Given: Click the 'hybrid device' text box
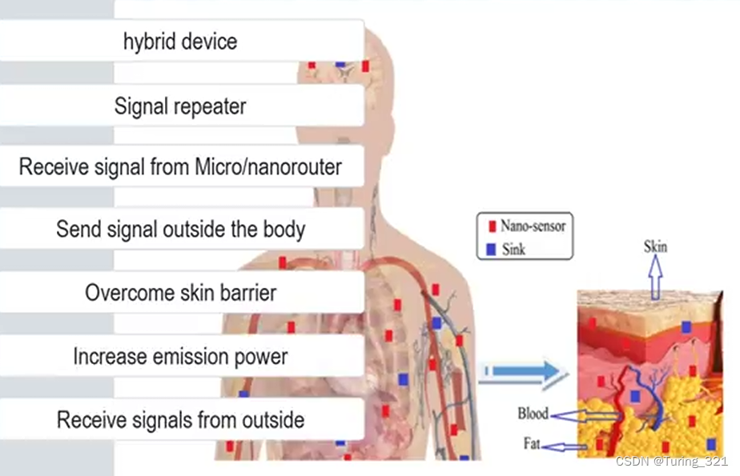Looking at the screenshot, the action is [x=180, y=41].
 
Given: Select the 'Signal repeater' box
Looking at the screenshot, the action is [x=180, y=105].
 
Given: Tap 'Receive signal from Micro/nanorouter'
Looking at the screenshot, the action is [x=180, y=167].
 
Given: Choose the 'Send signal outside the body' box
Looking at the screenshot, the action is [x=180, y=230].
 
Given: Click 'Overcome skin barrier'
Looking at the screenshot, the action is [x=180, y=292].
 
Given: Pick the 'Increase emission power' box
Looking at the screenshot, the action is [x=180, y=356].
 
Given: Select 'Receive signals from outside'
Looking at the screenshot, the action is [x=180, y=419].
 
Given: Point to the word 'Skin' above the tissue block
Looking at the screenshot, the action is [x=655, y=246].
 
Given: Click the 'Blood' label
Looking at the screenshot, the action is [x=533, y=414].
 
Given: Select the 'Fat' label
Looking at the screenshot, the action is [x=533, y=442].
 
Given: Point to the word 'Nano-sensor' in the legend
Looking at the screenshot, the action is [x=533, y=226].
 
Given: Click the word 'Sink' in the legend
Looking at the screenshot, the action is [x=513, y=250].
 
